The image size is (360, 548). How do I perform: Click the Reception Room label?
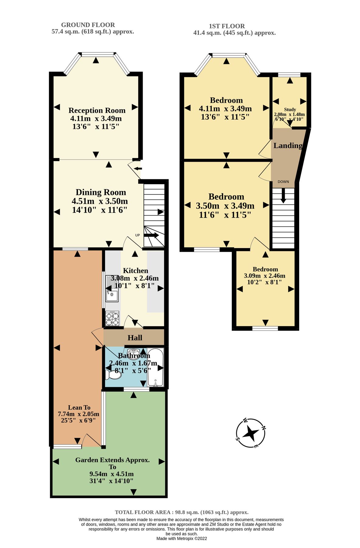pyautogui.click(x=97, y=111)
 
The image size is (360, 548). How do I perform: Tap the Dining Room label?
pyautogui.click(x=101, y=192)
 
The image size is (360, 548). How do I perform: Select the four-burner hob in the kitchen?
pyautogui.click(x=112, y=318)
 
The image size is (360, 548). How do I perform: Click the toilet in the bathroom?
pyautogui.click(x=113, y=374)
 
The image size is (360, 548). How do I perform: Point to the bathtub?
pyautogui.click(x=156, y=367)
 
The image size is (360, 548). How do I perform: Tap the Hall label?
pyautogui.click(x=135, y=338)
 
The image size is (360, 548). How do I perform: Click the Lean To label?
pyautogui.click(x=79, y=407)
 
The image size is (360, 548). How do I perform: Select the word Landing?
pyautogui.click(x=288, y=146)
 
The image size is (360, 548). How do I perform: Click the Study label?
pyautogui.click(x=290, y=109)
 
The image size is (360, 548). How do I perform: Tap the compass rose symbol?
pyautogui.click(x=251, y=433)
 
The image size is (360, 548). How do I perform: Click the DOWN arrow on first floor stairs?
pyautogui.click(x=283, y=195)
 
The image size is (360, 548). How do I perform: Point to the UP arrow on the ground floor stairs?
pyautogui.click(x=152, y=235)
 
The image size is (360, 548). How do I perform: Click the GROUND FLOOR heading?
pyautogui.click(x=88, y=25)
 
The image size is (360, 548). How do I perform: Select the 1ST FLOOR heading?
pyautogui.click(x=227, y=26)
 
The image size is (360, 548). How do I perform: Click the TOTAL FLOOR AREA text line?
pyautogui.click(x=181, y=512)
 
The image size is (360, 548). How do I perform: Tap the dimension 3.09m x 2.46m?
pyautogui.click(x=264, y=276)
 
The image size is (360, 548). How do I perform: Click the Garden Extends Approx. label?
pyautogui.click(x=112, y=460)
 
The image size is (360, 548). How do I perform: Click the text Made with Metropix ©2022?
pyautogui.click(x=181, y=538)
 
